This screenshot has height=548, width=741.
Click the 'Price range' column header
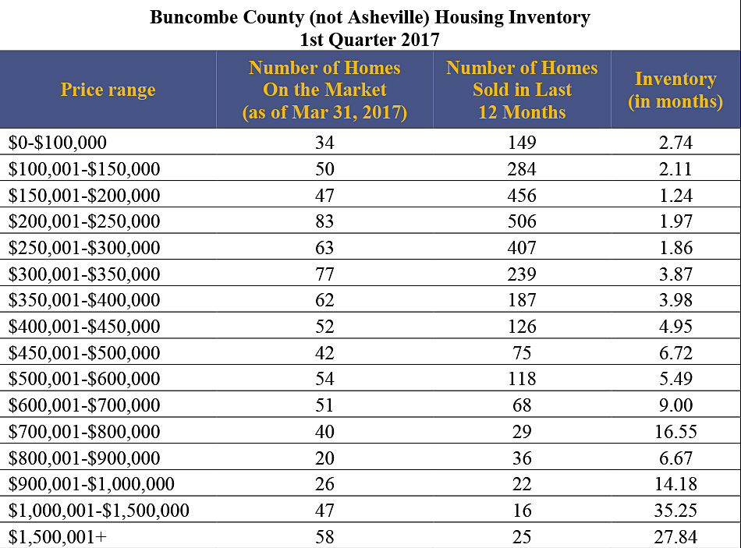[x=108, y=90]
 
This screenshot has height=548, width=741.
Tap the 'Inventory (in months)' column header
[x=675, y=90]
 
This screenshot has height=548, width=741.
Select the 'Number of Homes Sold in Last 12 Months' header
[x=522, y=90]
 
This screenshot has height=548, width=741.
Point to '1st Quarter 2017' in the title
[x=370, y=39]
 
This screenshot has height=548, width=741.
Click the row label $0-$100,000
[x=58, y=143]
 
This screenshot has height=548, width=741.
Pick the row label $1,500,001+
[x=58, y=537]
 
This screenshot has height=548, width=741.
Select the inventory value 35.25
[x=675, y=511]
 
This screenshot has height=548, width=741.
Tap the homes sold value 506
[x=522, y=221]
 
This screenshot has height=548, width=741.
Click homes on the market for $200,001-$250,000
[x=324, y=221]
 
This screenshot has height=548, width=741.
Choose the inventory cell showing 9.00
[x=675, y=405]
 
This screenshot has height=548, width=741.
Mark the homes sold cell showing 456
[x=522, y=196]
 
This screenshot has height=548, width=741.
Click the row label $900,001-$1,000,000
[x=92, y=484]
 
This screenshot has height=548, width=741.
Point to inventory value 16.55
[x=675, y=432]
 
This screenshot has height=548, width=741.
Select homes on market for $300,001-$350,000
[x=324, y=274]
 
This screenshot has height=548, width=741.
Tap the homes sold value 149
[x=522, y=143]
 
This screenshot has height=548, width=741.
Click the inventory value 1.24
[x=675, y=196]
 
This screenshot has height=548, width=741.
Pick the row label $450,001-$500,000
[x=84, y=353]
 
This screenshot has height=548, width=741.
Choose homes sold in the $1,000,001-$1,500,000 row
[x=522, y=511]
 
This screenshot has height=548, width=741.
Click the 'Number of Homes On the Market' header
[x=324, y=90]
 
